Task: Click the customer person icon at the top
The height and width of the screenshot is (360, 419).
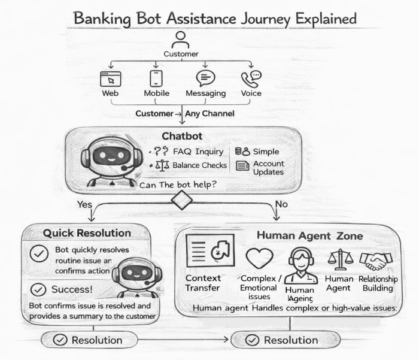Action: (x=180, y=41)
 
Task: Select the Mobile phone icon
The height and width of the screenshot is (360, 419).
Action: (x=156, y=78)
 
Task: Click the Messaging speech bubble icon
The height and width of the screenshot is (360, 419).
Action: (x=205, y=78)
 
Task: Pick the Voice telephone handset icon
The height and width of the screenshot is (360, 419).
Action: (x=251, y=78)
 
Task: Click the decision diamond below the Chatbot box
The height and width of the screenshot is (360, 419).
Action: (x=181, y=200)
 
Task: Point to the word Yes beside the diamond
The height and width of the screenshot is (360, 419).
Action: (x=85, y=204)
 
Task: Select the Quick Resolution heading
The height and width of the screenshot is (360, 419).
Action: (x=87, y=232)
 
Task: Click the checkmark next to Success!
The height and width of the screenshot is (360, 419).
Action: (x=38, y=290)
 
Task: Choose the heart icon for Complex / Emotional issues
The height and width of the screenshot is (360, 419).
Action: (x=259, y=259)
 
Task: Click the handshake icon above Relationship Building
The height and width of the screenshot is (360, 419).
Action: (x=375, y=260)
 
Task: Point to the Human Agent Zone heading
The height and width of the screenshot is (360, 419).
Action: (x=309, y=236)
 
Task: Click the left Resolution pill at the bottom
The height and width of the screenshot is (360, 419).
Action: (x=90, y=340)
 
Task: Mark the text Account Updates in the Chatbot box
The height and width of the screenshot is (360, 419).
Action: (x=268, y=168)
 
